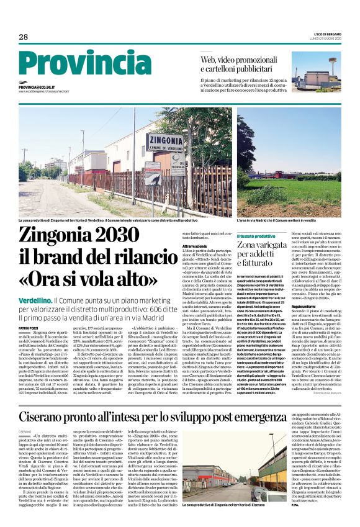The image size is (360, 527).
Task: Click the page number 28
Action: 23,37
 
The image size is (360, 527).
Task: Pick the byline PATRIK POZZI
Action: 28,327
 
